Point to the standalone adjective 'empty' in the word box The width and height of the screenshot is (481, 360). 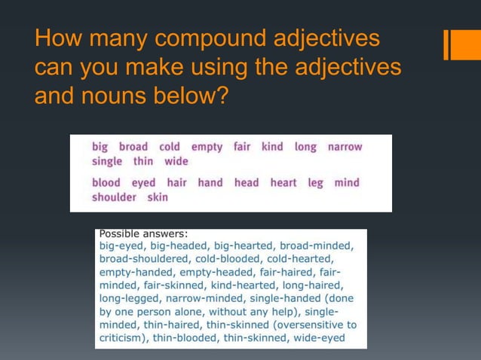point(207,147)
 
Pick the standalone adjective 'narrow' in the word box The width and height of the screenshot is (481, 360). point(345,147)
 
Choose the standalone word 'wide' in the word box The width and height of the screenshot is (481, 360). point(176,161)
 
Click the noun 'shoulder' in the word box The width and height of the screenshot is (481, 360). point(114,197)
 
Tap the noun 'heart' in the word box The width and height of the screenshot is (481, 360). point(283,183)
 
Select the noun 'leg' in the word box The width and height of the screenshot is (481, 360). point(315,183)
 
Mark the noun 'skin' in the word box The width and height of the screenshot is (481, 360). point(158,197)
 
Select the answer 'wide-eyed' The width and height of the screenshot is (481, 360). point(320,338)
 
